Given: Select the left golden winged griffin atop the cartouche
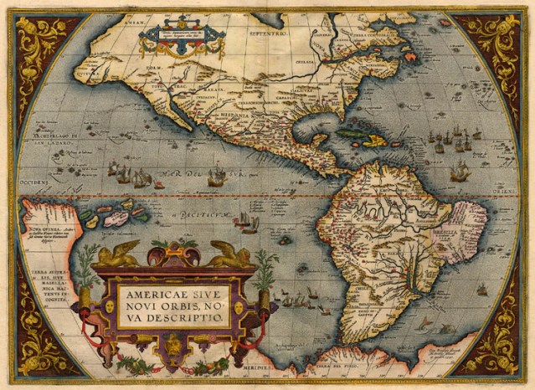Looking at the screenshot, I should (118, 254).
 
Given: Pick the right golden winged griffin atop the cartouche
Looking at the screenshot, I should (231, 254).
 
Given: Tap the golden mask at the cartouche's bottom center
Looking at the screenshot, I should (173, 342).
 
